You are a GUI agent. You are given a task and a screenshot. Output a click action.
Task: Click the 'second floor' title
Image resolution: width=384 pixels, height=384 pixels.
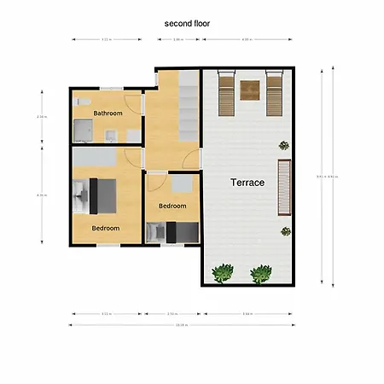[x=187, y=24]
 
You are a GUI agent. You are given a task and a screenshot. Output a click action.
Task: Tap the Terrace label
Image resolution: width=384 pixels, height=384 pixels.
[x=247, y=183]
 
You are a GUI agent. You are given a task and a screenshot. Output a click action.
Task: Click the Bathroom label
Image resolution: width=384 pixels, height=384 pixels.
[x=108, y=113]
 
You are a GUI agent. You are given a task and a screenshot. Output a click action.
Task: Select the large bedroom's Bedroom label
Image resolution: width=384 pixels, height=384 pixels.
[x=106, y=228]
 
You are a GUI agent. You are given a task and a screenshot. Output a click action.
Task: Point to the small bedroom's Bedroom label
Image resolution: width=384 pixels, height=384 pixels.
[x=172, y=206]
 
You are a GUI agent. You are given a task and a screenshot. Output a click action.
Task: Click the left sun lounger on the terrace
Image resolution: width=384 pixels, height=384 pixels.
[x=226, y=92]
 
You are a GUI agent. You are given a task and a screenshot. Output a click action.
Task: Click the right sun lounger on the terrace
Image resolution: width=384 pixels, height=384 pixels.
[x=273, y=92]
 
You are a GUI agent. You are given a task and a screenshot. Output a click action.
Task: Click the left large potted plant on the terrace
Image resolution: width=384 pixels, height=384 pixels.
[x=223, y=273]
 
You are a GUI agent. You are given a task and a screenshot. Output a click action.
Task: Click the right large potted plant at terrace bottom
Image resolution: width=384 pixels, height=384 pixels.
[x=260, y=274]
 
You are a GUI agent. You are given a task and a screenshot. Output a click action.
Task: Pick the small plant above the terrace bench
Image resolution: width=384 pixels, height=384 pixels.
[x=283, y=147]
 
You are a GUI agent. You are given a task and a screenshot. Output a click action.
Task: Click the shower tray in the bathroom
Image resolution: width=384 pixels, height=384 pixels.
[x=84, y=130]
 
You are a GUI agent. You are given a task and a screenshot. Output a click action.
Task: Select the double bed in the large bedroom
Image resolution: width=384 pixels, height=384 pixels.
[x=101, y=196]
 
